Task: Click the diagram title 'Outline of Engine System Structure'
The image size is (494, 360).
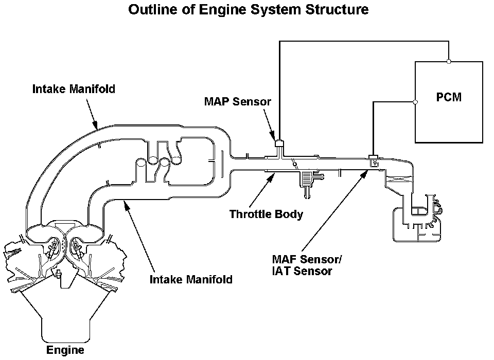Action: coord(248,9)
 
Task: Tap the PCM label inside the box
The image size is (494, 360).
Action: coord(449,97)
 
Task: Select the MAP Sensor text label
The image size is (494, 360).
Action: coord(238,101)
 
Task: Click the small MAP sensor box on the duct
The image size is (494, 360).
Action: coord(279,143)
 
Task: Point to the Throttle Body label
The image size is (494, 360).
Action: coord(266,214)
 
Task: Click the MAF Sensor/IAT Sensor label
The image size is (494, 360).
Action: coord(307,265)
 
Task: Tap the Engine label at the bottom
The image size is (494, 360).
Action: coord(65,350)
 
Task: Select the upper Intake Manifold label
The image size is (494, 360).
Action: coord(74,89)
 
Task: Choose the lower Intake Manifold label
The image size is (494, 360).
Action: coord(191,279)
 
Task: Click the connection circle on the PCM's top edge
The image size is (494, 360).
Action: coord(449,61)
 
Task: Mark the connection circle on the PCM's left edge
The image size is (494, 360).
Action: coord(415,102)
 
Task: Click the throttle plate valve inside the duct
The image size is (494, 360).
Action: coord(295,164)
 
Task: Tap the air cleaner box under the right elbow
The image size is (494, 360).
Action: coord(416,224)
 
